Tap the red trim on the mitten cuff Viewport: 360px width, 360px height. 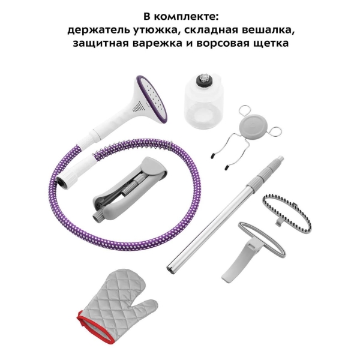pos(92,326)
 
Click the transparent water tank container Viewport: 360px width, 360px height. pos(204,101)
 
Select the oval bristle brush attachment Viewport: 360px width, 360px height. pos(287,212)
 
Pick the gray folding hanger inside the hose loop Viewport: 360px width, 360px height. pos(130,188)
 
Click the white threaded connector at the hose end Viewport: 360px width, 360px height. pos(68,181)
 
